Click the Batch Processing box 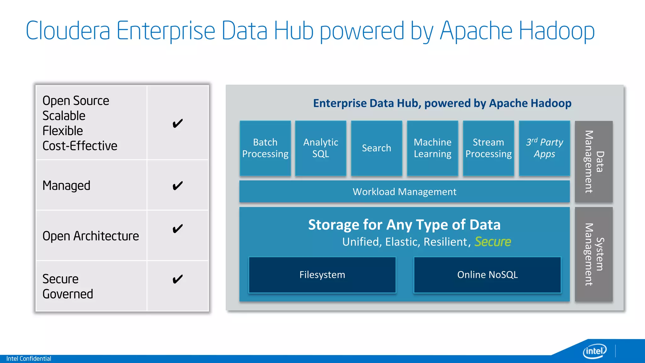(265, 148)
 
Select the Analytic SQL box (321, 148)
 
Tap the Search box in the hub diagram (376, 148)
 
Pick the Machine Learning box (432, 148)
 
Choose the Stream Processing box (488, 148)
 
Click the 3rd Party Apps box (544, 148)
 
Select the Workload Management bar (404, 192)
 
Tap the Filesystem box (322, 275)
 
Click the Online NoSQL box (487, 275)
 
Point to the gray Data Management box (594, 161)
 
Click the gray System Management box (594, 254)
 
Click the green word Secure (493, 242)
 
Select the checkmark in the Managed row (178, 186)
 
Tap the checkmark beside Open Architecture (178, 229)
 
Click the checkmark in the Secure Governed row (178, 279)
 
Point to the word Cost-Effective (80, 146)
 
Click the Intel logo (595, 351)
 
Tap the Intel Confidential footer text (29, 359)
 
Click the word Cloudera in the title (68, 31)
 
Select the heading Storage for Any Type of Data (404, 225)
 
